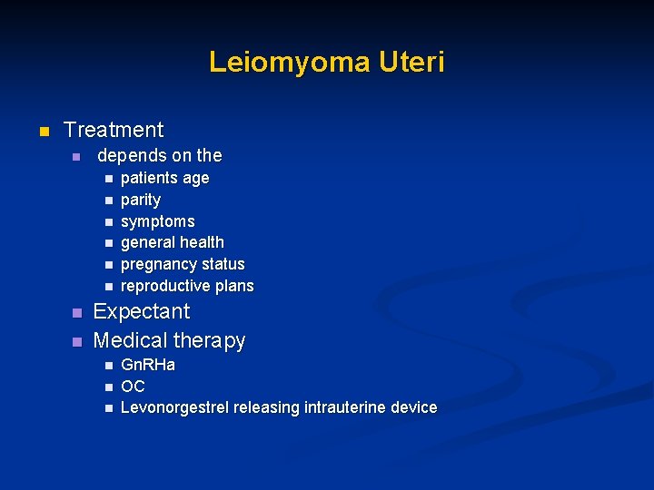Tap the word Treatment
114,130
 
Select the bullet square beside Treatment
42,132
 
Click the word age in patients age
194,178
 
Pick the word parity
141,200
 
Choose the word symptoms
157,221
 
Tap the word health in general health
203,242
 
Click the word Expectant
142,311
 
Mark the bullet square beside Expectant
76,313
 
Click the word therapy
210,341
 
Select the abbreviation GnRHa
148,365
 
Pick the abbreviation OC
133,387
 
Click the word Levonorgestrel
174,408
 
